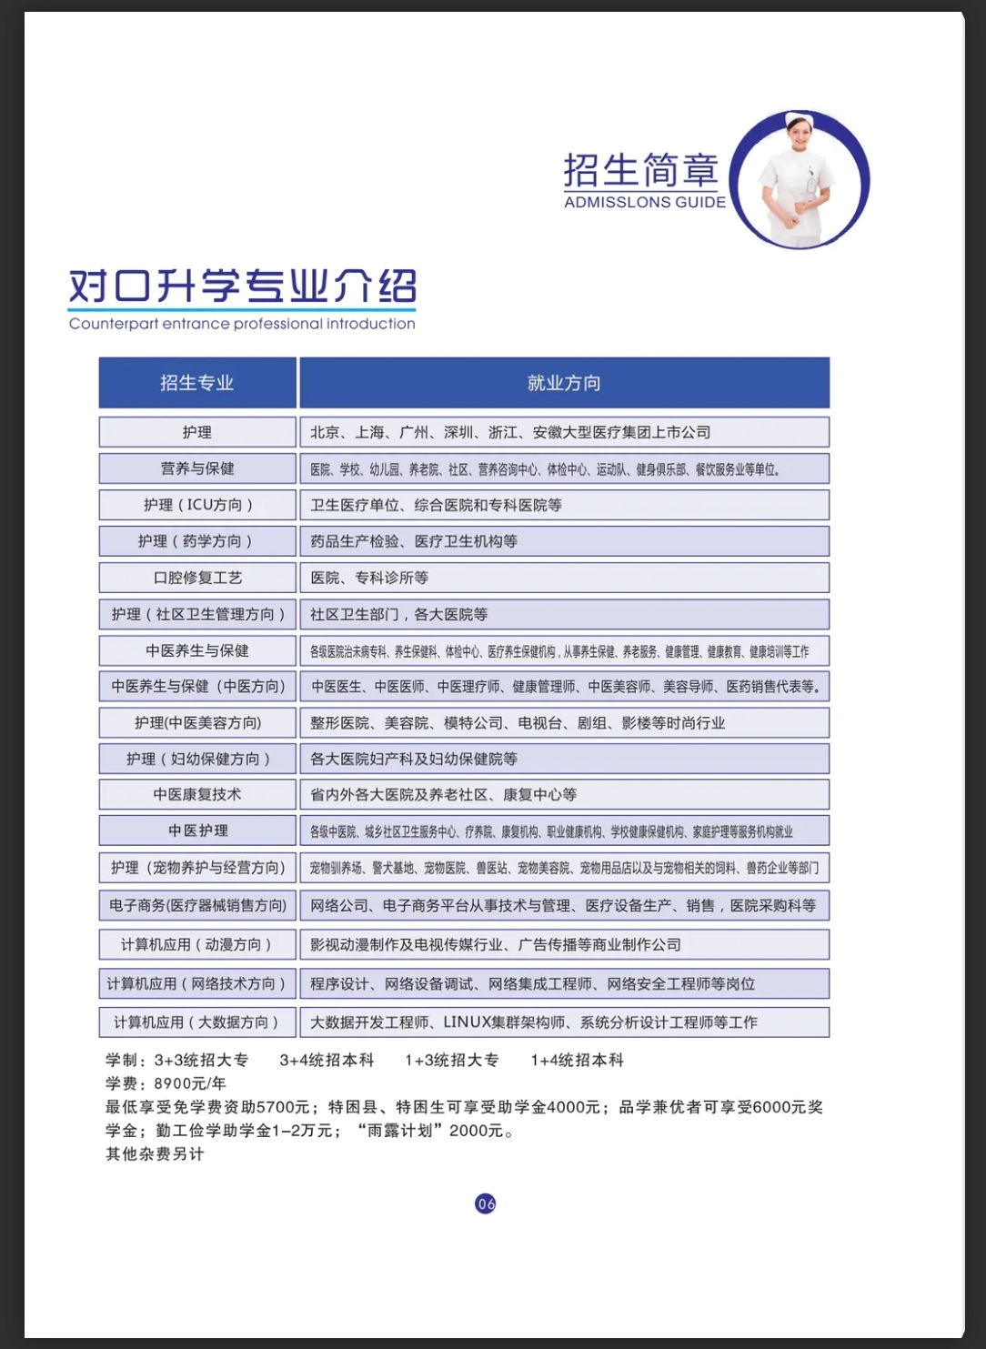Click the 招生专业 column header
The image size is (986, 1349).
click(197, 383)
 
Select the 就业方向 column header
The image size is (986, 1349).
click(564, 383)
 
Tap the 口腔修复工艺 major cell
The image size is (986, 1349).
click(197, 578)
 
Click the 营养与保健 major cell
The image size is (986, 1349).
click(197, 468)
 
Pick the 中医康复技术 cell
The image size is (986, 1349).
click(197, 794)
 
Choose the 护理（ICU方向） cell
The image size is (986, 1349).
click(197, 505)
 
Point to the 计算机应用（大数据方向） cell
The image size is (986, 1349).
click(197, 1022)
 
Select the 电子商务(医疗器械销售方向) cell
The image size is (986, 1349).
click(197, 905)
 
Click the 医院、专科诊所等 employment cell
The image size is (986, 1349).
click(564, 578)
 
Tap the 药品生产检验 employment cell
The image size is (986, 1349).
click(564, 541)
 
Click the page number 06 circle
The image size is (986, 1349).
click(486, 1203)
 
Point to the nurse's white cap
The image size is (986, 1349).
click(799, 119)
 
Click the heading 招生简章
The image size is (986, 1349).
click(641, 170)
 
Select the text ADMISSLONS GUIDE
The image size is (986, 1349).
click(645, 202)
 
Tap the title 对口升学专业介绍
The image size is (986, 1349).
click(243, 287)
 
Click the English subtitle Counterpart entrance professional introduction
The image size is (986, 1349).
click(242, 324)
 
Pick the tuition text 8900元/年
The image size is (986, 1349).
click(190, 1083)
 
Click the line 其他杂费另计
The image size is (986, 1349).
click(156, 1153)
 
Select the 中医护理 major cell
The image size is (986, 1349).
click(197, 831)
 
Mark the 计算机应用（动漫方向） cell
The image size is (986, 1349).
click(197, 944)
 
